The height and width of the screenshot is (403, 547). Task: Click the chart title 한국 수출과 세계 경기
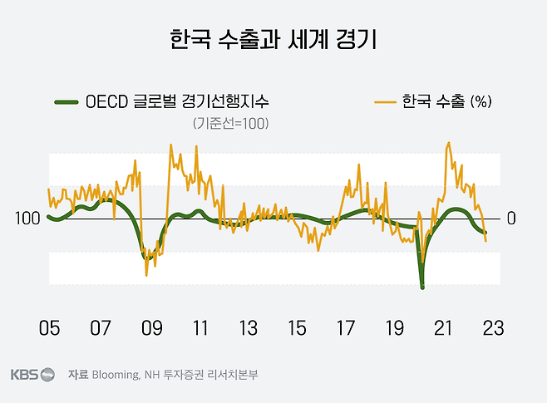click(273, 38)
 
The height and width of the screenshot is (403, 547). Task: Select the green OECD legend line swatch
click(66, 102)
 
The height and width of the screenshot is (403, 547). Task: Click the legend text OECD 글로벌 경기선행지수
click(178, 102)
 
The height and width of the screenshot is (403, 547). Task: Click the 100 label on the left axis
click(27, 219)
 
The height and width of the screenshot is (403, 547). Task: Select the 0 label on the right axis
click(511, 219)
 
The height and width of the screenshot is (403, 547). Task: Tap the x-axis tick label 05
click(49, 327)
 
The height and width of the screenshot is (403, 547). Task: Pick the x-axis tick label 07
click(101, 327)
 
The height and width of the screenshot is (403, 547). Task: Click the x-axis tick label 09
click(150, 327)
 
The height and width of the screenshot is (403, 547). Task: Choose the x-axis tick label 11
click(200, 327)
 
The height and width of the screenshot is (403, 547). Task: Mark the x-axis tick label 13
click(248, 327)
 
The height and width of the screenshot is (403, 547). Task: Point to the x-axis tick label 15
click(297, 327)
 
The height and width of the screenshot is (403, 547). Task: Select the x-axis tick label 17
click(346, 327)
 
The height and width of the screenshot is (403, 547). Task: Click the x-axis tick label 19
click(395, 327)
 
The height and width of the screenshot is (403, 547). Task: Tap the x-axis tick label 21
click(444, 327)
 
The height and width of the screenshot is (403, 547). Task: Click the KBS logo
click(32, 375)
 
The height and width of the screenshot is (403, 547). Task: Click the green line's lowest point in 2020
click(422, 287)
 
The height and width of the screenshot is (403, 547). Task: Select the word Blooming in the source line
click(116, 375)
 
